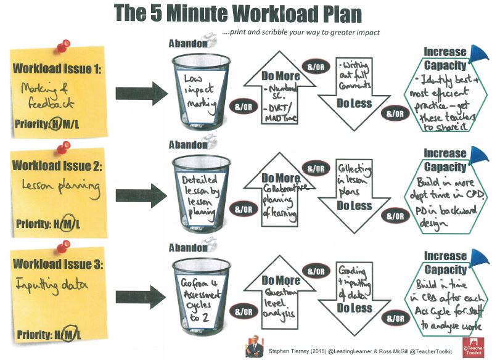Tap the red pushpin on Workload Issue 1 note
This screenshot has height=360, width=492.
click(x=62, y=46)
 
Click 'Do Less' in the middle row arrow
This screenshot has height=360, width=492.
click(x=355, y=205)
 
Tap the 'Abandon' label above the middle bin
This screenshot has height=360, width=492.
click(x=187, y=146)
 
